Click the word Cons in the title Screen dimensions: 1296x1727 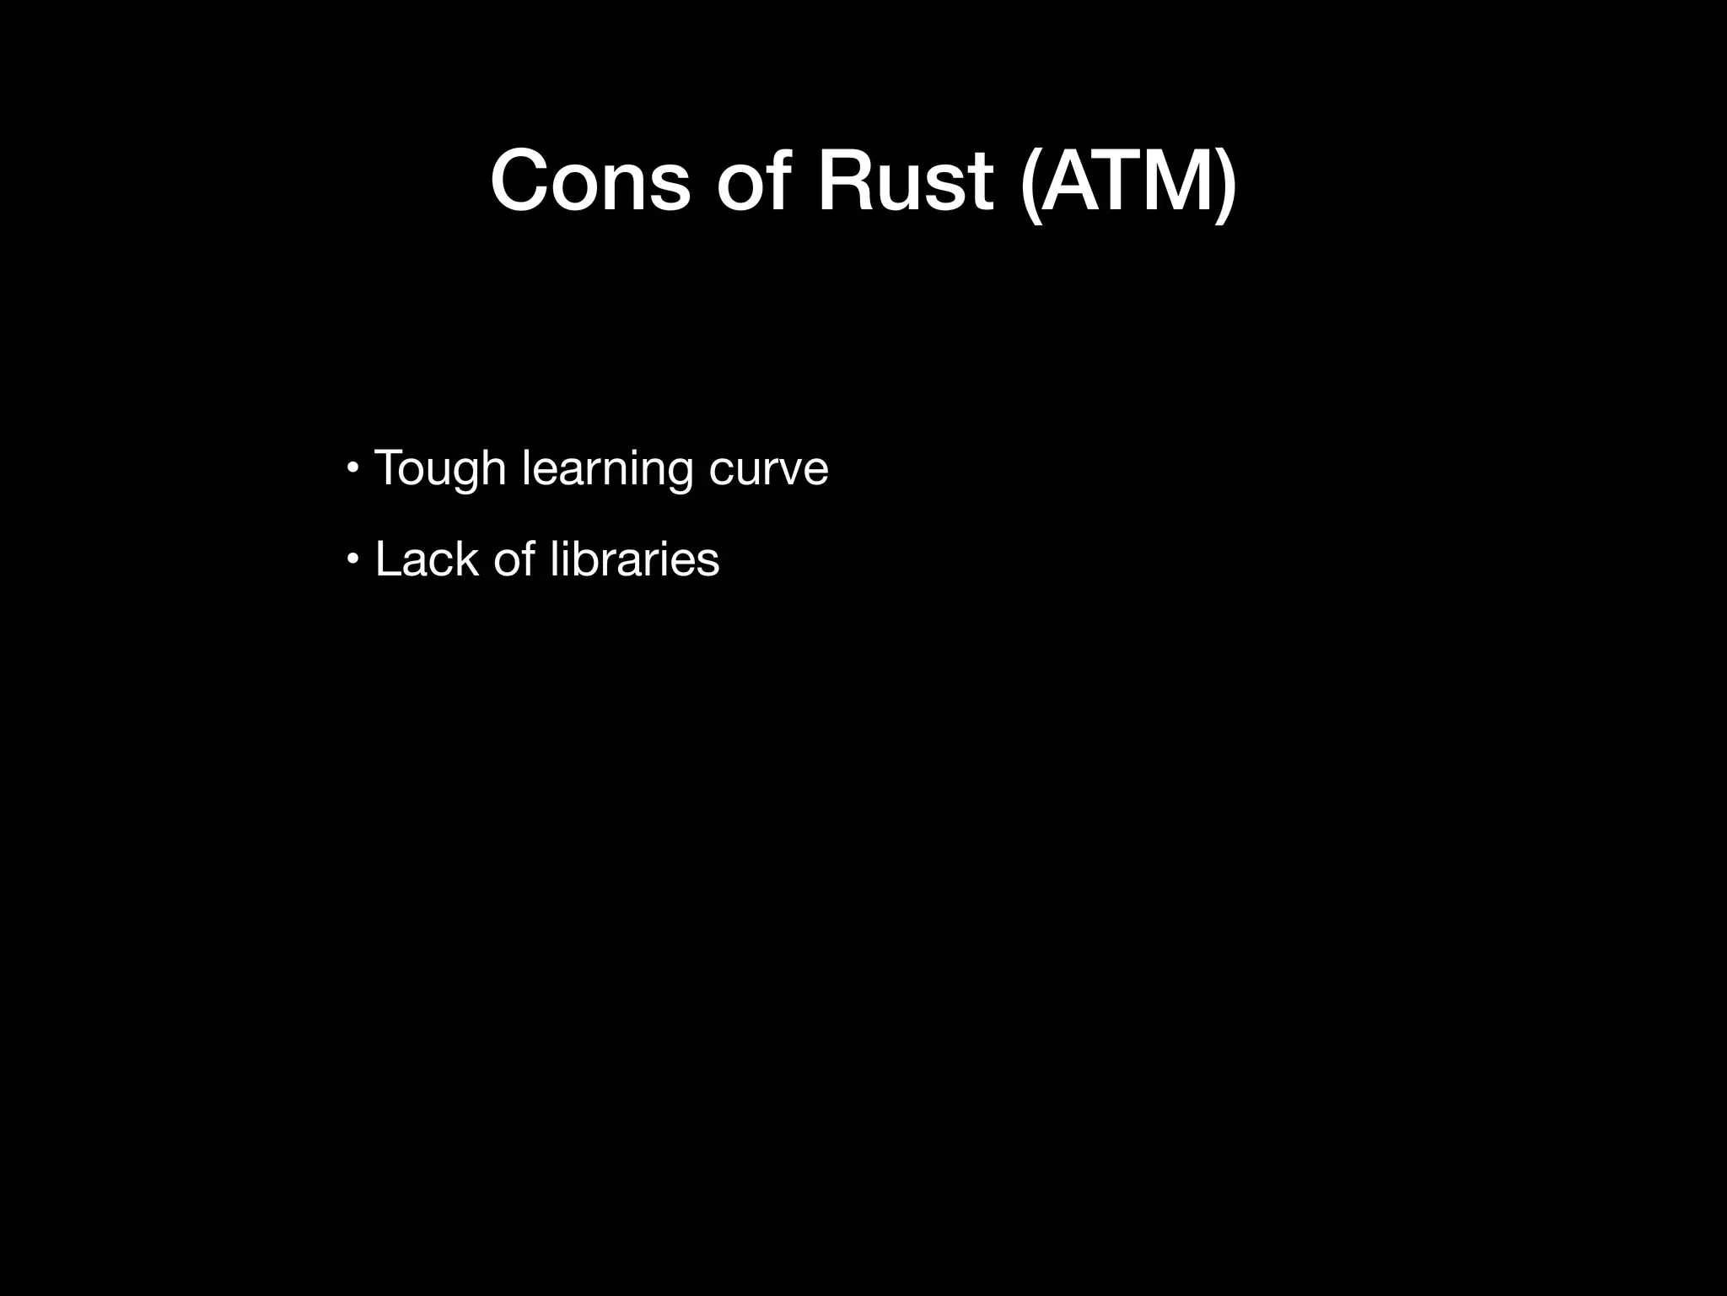pos(589,181)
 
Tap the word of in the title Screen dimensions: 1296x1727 pos(753,181)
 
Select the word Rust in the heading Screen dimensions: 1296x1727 pos(904,181)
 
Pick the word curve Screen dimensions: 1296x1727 pos(768,469)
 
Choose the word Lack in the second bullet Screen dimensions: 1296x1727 pos(426,559)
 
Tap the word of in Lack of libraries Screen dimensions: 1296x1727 pos(514,559)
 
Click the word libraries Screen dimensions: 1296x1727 pos(634,559)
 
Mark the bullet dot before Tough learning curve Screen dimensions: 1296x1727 pos(353,467)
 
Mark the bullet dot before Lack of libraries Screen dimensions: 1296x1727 pos(353,558)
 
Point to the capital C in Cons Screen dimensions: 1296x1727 pos(524,181)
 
